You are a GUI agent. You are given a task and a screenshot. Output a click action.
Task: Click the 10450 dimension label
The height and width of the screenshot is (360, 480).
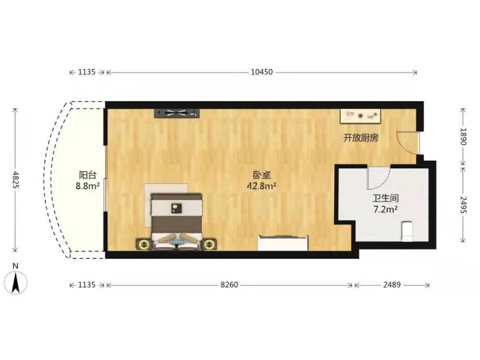coord(262,72)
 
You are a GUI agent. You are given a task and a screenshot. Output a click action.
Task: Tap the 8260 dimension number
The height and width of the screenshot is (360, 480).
coord(229,285)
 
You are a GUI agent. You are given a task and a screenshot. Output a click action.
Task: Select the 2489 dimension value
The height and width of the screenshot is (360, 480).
coord(392,285)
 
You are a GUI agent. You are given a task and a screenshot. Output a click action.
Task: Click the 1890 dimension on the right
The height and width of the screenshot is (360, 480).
coord(463,136)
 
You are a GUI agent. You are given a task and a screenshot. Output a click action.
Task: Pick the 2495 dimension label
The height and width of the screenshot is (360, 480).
coord(463,205)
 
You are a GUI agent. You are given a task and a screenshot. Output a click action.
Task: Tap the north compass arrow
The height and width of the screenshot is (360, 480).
coord(16,282)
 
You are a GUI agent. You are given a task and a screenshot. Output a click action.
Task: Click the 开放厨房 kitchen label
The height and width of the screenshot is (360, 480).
coord(360,138)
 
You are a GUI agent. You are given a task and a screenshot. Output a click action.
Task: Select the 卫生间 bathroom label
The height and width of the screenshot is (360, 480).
coord(385,198)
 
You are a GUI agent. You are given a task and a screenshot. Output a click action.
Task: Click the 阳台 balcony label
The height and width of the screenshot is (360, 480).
coord(88,175)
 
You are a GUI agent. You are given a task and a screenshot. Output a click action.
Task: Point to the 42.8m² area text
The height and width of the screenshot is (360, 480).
coord(262,186)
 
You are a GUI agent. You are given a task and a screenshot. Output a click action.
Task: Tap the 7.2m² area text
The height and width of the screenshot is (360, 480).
coord(385,210)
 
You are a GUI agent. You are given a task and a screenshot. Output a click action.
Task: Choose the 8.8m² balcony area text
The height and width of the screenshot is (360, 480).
coord(88,186)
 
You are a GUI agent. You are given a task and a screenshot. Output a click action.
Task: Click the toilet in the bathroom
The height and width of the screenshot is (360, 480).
coord(407,231)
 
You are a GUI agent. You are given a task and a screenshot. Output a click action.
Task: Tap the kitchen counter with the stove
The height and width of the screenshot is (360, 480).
coord(360,116)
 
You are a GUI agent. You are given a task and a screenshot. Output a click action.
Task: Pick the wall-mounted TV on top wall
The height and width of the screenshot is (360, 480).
coord(177,113)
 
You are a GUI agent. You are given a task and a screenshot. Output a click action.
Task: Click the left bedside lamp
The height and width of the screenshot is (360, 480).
coord(143,245)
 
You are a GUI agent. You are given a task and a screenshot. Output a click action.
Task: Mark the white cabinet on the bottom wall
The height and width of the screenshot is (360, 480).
coord(283,243)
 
